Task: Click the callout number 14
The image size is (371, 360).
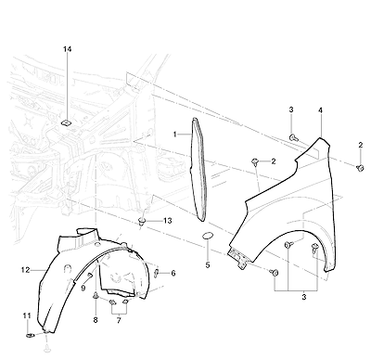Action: (68, 49)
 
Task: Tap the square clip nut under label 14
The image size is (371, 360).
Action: (66, 122)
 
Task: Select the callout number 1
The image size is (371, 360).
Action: (175, 135)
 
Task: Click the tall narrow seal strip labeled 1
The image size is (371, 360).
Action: (198, 169)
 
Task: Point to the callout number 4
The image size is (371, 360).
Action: (321, 110)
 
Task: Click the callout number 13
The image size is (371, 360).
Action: (168, 221)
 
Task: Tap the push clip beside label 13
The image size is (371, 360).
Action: (142, 222)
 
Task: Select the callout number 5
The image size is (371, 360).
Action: (208, 265)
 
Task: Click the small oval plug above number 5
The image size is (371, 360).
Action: (207, 237)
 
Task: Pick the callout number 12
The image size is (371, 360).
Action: (26, 270)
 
